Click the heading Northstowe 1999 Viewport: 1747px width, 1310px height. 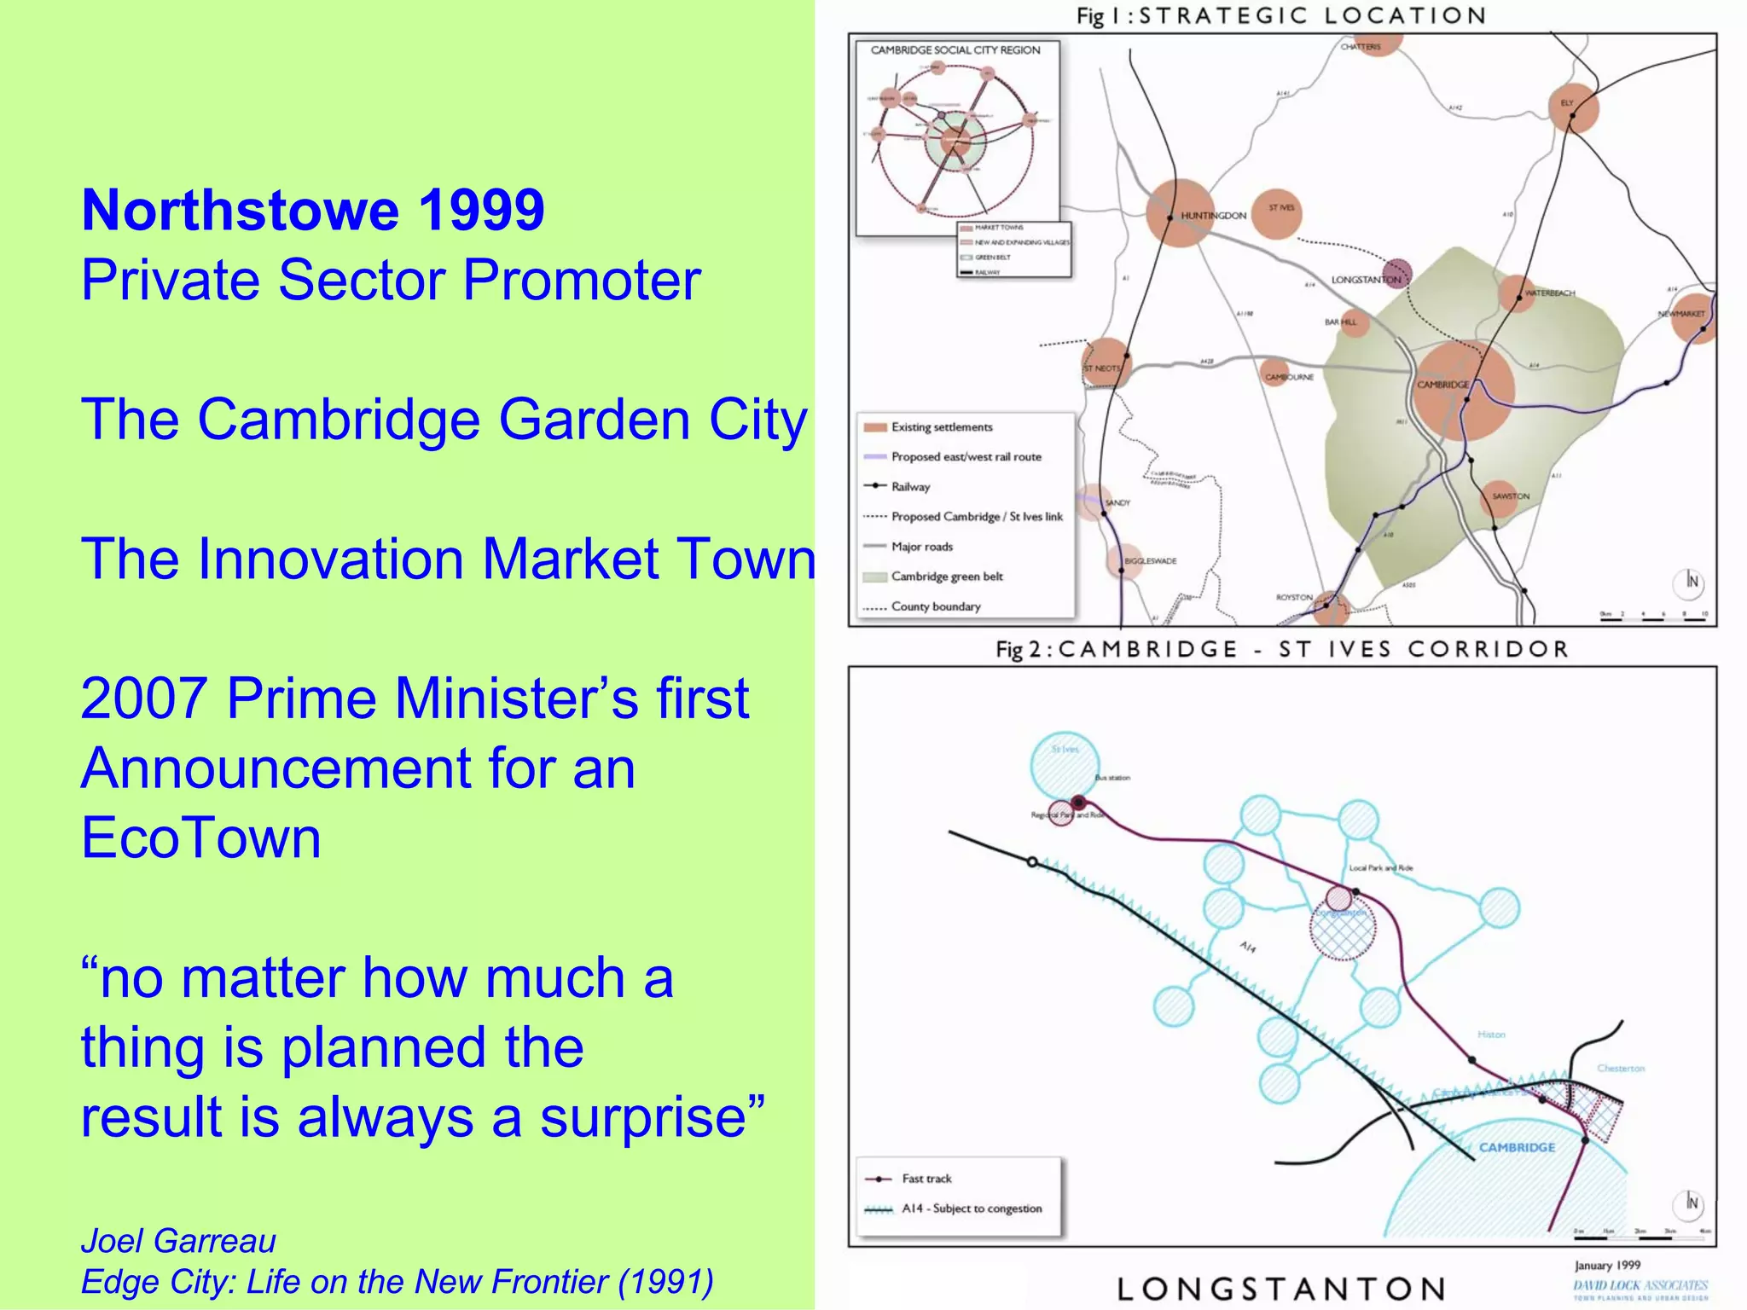(x=313, y=210)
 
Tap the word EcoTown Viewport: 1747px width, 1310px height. (x=201, y=838)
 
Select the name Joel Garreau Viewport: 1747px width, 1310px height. (x=178, y=1241)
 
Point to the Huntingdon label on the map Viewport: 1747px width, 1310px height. (x=1213, y=216)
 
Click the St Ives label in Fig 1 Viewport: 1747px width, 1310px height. (x=1281, y=207)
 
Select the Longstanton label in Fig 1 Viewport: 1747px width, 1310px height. (x=1366, y=280)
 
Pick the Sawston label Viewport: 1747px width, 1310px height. (x=1511, y=496)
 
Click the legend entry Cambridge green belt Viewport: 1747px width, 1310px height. (x=947, y=577)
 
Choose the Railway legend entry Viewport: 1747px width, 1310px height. (x=910, y=487)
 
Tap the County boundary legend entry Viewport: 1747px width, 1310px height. (x=936, y=606)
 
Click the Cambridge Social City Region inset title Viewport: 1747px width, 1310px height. (x=955, y=50)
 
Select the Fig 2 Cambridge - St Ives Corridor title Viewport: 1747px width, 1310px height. (x=1281, y=649)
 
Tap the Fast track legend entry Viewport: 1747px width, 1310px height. (x=926, y=1179)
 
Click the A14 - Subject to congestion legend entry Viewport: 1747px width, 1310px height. (x=972, y=1209)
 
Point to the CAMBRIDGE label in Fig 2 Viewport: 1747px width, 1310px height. (x=1517, y=1147)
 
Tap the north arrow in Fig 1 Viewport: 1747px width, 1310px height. (x=1692, y=582)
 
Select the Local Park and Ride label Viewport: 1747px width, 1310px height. (x=1380, y=868)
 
